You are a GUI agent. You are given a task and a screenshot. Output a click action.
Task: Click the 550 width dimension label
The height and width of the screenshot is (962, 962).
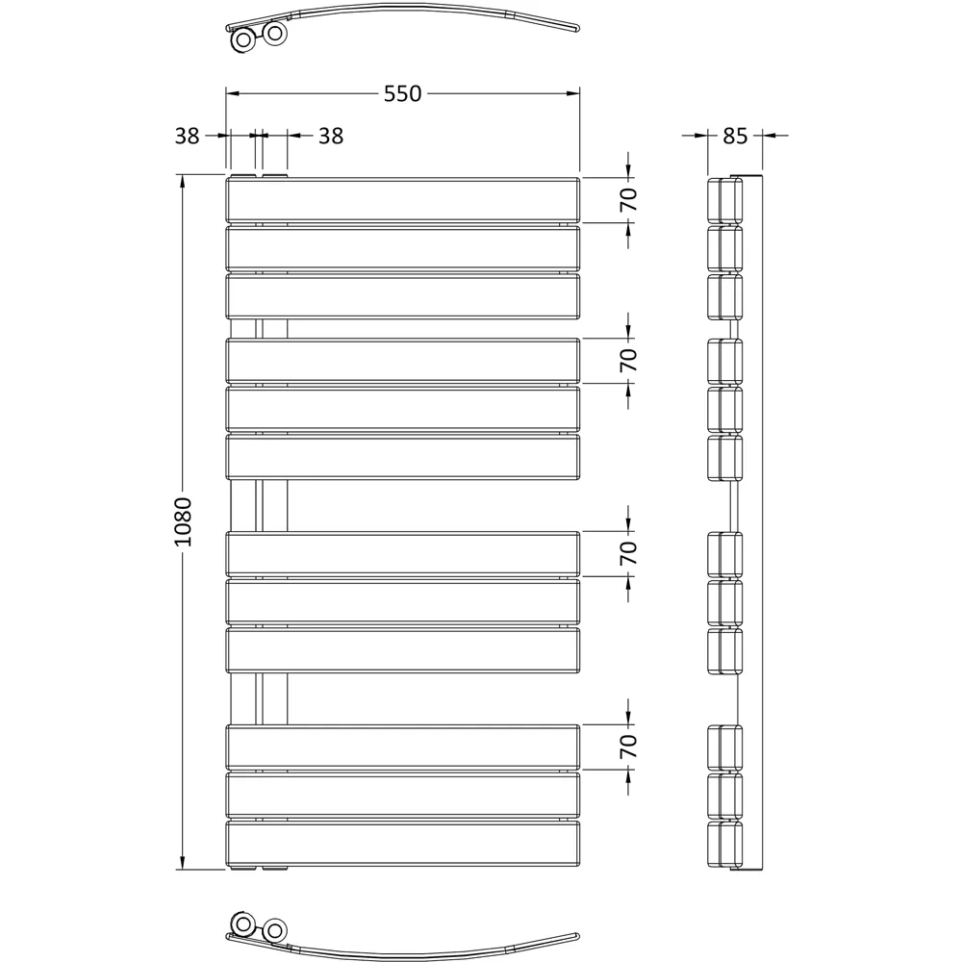coord(403,93)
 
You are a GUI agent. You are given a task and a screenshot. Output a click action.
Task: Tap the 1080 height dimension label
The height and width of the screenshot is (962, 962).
coord(184,522)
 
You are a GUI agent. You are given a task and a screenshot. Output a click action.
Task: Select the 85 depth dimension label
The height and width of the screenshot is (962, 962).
coord(735,136)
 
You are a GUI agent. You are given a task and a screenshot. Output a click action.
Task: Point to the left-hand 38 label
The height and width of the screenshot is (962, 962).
coord(188,136)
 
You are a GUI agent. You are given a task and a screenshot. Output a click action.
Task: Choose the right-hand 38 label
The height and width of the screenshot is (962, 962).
coord(330,136)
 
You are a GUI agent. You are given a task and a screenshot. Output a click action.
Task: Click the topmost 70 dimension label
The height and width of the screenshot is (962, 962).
coord(628,200)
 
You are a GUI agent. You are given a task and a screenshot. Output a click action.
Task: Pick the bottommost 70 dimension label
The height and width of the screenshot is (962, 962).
coord(628,747)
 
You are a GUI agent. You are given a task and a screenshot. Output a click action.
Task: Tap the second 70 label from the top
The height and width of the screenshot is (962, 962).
coord(628,360)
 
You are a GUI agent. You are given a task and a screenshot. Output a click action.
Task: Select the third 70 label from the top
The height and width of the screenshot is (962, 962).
coord(628,553)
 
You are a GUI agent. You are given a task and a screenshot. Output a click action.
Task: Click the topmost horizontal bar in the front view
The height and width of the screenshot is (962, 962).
coord(402,200)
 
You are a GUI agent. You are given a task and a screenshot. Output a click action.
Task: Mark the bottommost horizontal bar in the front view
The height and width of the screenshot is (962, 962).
coord(402,844)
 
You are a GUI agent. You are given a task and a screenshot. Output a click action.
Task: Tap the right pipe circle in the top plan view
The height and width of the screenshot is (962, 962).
coord(275,34)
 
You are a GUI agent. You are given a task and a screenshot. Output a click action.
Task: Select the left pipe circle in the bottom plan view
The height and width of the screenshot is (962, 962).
coord(242,925)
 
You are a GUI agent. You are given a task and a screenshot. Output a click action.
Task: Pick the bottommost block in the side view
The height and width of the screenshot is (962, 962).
coord(725,844)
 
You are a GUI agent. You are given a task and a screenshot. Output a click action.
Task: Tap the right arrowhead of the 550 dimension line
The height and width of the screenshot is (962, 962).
coord(574,93)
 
